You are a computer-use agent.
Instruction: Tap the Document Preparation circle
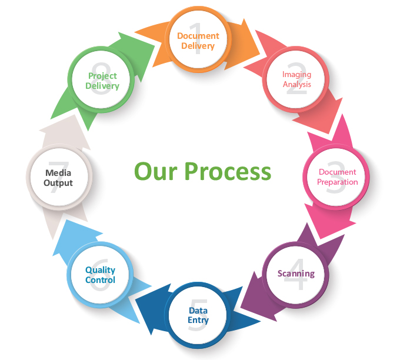(x=337, y=176)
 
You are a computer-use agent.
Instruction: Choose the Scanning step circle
(x=296, y=274)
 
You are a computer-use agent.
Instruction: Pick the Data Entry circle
(x=198, y=315)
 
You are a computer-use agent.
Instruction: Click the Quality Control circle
(x=101, y=275)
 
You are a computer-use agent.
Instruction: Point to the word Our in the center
(x=155, y=171)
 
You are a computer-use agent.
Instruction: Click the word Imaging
(x=296, y=75)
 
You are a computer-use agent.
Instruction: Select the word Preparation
(x=338, y=182)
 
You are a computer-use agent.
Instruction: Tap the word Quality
(x=101, y=270)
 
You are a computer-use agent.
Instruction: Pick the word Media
(x=58, y=173)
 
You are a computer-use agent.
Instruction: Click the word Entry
(x=198, y=320)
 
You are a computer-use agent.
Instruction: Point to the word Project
(x=102, y=75)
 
